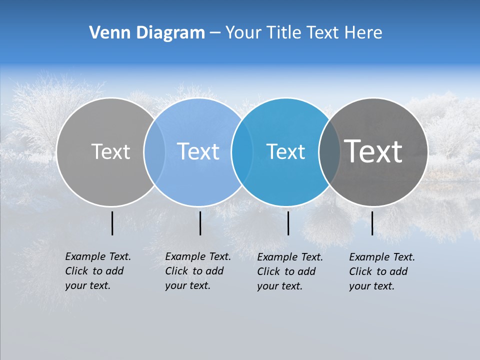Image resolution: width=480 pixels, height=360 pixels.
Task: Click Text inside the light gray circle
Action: [110, 151]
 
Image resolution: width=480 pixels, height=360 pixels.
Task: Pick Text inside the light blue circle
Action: [198, 151]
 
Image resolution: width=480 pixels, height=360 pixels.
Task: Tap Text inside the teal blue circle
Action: [285, 151]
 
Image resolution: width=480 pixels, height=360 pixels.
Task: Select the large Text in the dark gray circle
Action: [373, 151]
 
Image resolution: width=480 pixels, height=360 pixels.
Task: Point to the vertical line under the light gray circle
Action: [112, 223]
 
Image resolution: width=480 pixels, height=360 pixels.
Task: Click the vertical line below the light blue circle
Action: [200, 223]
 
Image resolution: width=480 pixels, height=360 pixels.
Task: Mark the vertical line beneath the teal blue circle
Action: [288, 223]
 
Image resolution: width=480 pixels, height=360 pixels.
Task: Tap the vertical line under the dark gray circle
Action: [372, 223]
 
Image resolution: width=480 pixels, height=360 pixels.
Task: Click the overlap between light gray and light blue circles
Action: [154, 151]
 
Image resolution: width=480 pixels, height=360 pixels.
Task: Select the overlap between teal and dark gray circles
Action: [329, 151]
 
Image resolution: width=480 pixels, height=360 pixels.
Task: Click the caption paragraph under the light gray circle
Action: [98, 271]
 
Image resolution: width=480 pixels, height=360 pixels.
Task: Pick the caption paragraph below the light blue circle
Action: [198, 271]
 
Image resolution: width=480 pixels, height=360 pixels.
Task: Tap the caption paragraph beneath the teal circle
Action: [290, 271]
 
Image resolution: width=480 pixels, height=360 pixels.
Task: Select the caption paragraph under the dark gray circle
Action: [382, 271]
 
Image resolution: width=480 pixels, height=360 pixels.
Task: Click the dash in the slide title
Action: [215, 33]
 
